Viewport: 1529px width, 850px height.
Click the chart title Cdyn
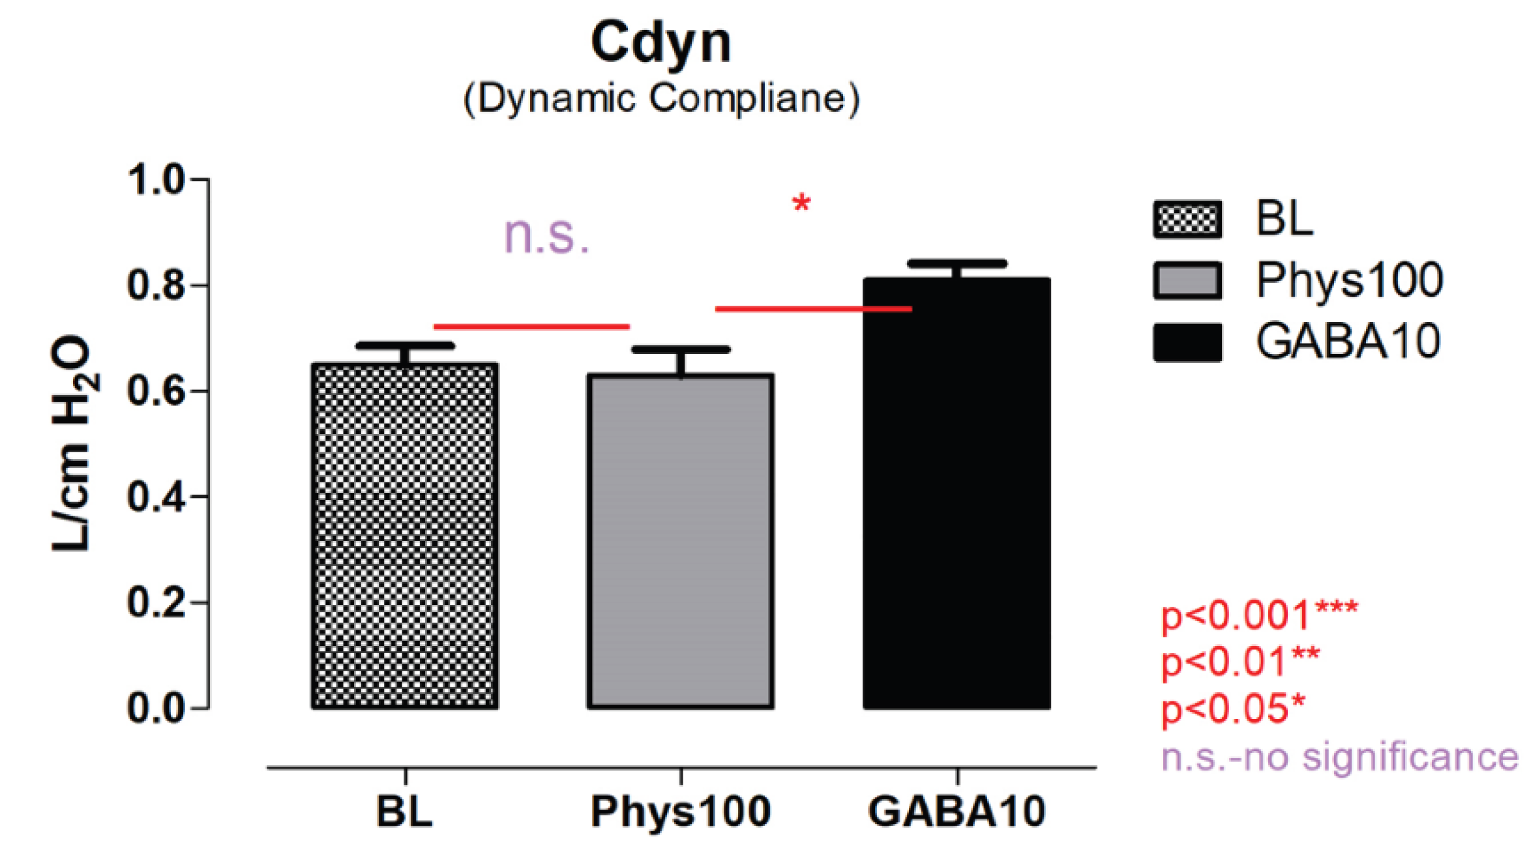coord(661,43)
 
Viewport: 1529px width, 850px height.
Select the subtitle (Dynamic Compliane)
coord(661,99)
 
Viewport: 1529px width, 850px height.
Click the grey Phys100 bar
coord(681,541)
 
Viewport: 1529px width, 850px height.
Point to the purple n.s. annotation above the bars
coord(546,235)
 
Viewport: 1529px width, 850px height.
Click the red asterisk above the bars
coord(801,204)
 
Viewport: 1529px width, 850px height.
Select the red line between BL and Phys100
coord(531,327)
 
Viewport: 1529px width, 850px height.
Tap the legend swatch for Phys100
coord(1187,281)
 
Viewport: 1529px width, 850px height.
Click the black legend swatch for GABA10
coord(1187,342)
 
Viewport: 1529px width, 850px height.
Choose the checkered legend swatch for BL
coord(1187,219)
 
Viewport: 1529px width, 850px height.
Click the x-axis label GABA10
coord(957,812)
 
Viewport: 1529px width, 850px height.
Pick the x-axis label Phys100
coord(681,812)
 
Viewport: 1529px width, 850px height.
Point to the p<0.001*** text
coord(1259,615)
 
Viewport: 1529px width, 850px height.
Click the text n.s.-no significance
coord(1339,757)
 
